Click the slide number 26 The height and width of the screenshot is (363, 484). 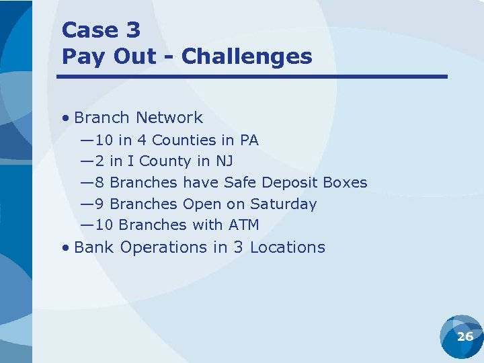click(x=465, y=337)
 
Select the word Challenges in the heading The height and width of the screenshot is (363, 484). click(x=247, y=56)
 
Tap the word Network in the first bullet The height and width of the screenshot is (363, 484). click(x=169, y=118)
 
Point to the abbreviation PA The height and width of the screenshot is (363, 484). click(x=249, y=140)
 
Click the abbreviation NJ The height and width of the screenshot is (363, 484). click(x=224, y=161)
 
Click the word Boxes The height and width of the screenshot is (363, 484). click(x=345, y=183)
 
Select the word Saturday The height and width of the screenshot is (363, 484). click(x=283, y=204)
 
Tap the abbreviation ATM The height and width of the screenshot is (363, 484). click(x=244, y=225)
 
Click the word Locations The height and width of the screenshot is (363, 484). click(x=287, y=247)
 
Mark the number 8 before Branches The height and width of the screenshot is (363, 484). click(x=99, y=183)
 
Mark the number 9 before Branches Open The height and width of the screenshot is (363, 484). click(x=99, y=204)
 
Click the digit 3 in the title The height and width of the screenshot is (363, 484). click(x=132, y=30)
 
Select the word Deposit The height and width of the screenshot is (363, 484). click(x=290, y=183)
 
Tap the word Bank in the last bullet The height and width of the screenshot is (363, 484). click(x=94, y=247)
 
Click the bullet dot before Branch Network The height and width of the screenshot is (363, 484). click(x=65, y=118)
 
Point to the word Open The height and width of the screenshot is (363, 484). click(x=202, y=204)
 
